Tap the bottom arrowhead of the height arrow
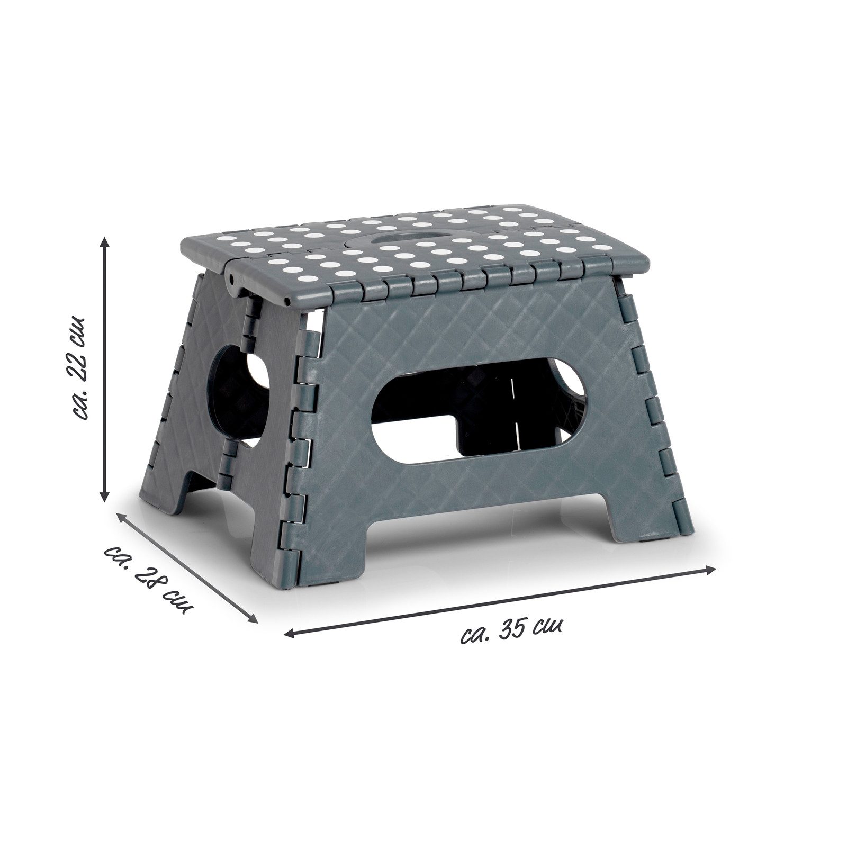click(105, 495)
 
